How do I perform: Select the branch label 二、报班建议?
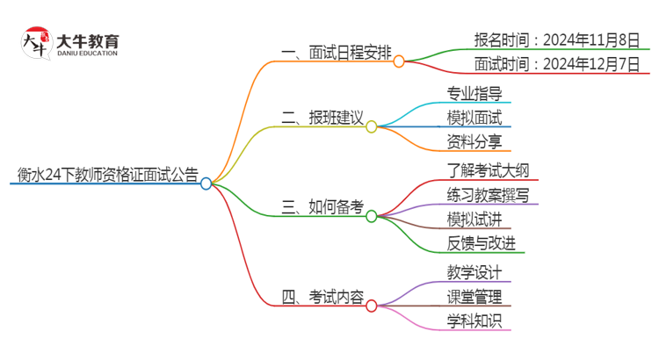pyautogui.click(x=322, y=118)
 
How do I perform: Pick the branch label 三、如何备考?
pyautogui.click(x=322, y=207)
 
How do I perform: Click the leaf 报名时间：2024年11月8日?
pyautogui.click(x=556, y=40)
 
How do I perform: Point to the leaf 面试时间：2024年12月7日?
pyautogui.click(x=556, y=64)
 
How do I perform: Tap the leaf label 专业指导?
pyautogui.click(x=474, y=93)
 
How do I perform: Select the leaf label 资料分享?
pyautogui.click(x=474, y=141)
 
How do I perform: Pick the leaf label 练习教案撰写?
pyautogui.click(x=487, y=194)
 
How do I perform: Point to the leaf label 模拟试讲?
pyautogui.click(x=474, y=219)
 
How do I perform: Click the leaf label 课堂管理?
pyautogui.click(x=474, y=297)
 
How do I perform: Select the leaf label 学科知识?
pyautogui.click(x=474, y=321)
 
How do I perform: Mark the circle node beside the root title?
pyautogui.click(x=206, y=184)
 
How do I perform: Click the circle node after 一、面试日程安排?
pyautogui.click(x=399, y=61)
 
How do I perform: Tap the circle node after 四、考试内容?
pyautogui.click(x=372, y=306)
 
